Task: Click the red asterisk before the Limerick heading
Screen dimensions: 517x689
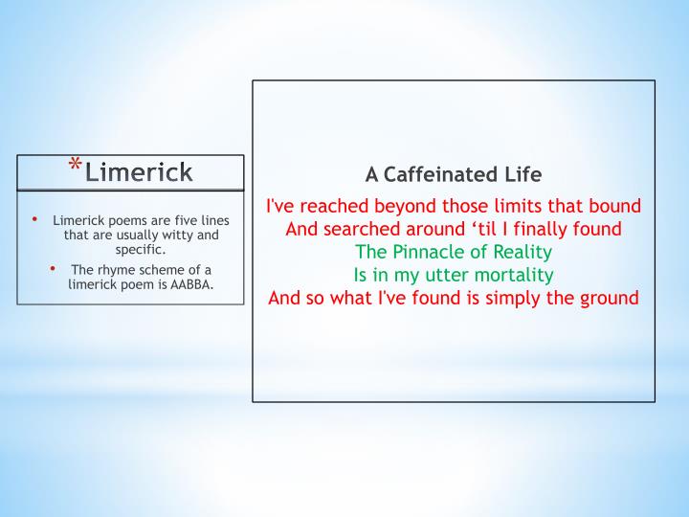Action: (x=75, y=167)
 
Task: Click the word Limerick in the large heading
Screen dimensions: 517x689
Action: (x=138, y=171)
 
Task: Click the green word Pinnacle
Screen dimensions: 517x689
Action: (x=425, y=252)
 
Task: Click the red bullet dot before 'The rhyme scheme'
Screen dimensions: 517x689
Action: (x=54, y=269)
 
